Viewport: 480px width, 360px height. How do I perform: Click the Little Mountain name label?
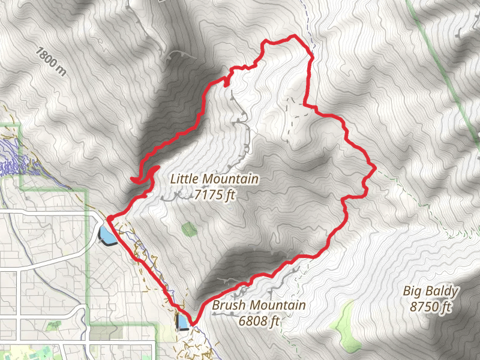[x=214, y=179]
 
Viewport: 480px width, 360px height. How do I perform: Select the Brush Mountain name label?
[x=259, y=305]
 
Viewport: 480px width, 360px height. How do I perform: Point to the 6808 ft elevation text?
[x=259, y=321]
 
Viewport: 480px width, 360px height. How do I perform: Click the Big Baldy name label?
[x=431, y=292]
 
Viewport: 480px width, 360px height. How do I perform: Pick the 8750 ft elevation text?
[x=431, y=307]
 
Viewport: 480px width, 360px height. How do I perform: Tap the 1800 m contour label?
[x=50, y=62]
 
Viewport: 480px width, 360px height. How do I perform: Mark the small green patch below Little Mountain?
[x=189, y=229]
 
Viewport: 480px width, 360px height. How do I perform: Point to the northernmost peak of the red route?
[x=293, y=37]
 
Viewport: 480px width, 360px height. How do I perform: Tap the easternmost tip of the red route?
[x=375, y=169]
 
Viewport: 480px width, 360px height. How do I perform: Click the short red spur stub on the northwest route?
[x=227, y=82]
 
